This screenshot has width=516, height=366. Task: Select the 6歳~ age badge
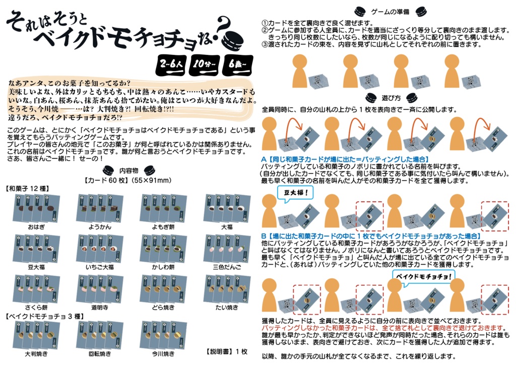coord(237,65)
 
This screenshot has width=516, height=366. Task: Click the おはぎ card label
coord(37,227)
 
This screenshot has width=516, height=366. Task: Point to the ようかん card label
coord(100,227)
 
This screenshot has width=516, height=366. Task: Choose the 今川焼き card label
coord(163,353)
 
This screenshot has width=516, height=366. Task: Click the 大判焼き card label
coord(37,353)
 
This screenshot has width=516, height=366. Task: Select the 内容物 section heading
coord(127,170)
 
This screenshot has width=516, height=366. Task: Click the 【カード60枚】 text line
coord(127,180)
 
